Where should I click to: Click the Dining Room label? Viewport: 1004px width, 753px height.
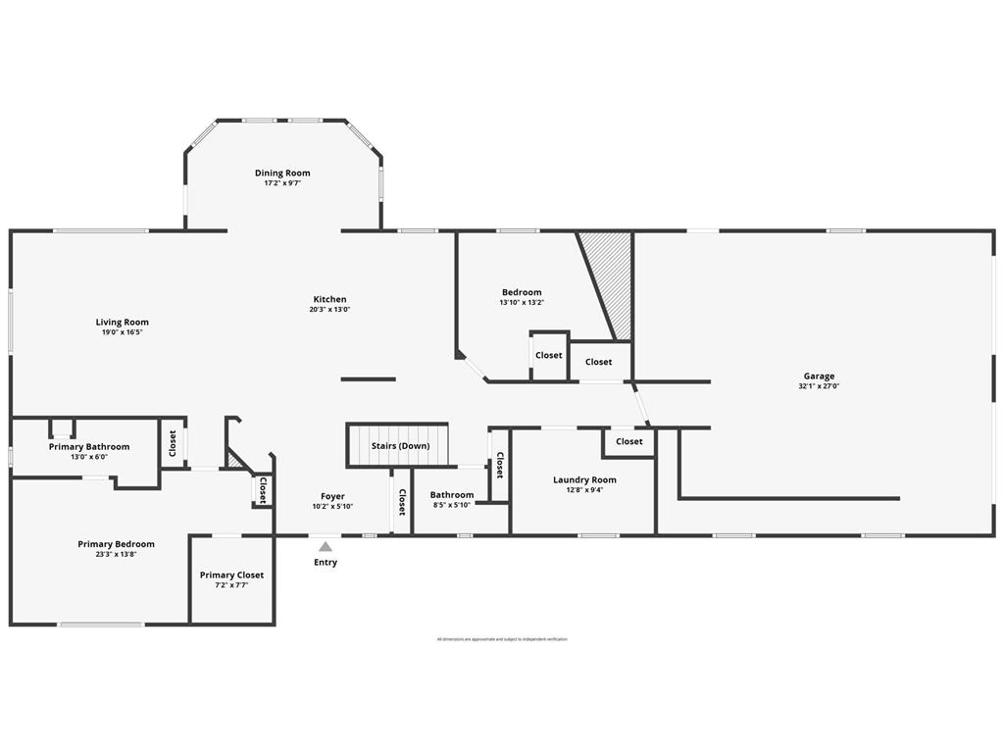click(x=282, y=174)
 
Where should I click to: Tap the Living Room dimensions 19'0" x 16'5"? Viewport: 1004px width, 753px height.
click(x=122, y=332)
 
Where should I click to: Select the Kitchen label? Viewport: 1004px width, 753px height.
click(x=329, y=299)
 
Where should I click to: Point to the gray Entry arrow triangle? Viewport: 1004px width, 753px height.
click(x=326, y=547)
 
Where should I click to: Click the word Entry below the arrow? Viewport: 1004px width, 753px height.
click(x=326, y=563)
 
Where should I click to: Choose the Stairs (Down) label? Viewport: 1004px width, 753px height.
click(x=400, y=446)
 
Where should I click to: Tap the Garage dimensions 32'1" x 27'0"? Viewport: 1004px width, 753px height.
click(x=820, y=386)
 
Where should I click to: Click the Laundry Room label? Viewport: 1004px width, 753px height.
click(x=584, y=479)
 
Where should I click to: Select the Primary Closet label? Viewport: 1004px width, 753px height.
click(x=231, y=576)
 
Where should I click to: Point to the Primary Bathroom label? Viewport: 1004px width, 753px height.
click(x=89, y=447)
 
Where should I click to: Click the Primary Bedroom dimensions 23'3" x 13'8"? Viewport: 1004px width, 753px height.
click(x=116, y=555)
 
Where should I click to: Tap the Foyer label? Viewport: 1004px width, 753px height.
click(x=332, y=496)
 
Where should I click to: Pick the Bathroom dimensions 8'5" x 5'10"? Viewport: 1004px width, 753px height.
click(x=452, y=505)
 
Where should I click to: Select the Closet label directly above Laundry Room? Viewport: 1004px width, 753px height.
click(x=629, y=441)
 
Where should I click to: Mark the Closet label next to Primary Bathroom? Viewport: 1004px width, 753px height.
click(x=173, y=444)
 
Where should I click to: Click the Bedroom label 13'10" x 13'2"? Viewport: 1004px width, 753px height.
click(x=522, y=292)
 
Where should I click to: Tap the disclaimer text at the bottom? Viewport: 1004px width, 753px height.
click(x=502, y=639)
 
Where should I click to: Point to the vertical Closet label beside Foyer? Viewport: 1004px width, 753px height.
click(x=402, y=502)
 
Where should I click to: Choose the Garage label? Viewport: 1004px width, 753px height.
click(x=820, y=376)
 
